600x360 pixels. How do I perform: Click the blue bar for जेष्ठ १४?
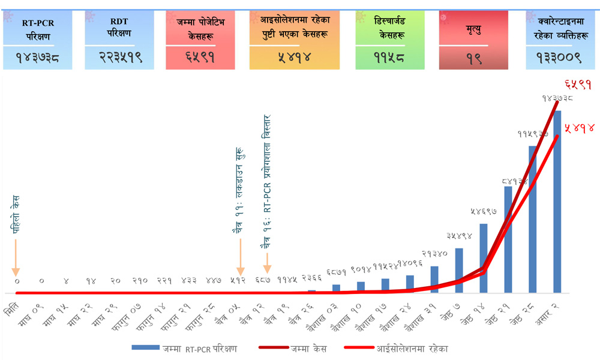[x=484, y=258]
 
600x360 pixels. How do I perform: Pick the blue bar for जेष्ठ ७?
[x=459, y=270]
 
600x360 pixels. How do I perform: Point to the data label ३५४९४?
[x=460, y=236]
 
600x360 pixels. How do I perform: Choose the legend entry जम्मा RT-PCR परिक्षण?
[x=186, y=348]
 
